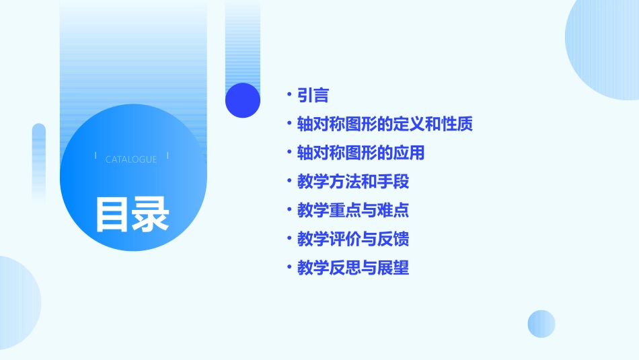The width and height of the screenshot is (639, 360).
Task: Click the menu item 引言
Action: [x=313, y=96]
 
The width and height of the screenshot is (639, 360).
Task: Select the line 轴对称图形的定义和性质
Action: [x=385, y=124]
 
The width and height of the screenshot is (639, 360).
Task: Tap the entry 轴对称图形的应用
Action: [x=361, y=153]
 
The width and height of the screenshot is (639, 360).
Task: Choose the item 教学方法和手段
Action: [x=353, y=182]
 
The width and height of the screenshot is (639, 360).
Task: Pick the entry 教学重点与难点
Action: [x=353, y=211]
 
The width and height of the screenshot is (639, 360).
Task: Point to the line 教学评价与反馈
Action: [x=353, y=239]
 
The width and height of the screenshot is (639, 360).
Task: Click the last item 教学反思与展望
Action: [x=353, y=268]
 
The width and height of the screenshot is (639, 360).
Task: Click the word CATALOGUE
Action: [x=131, y=159]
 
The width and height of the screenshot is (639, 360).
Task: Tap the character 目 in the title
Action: [x=112, y=214]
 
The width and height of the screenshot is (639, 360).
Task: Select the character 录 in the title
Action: [x=151, y=214]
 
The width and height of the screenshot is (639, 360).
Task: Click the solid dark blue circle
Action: [x=243, y=100]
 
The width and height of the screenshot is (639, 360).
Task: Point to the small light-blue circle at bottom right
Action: [x=541, y=324]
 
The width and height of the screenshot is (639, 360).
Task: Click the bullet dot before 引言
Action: [x=289, y=95]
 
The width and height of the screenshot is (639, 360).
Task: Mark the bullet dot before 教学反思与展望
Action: [x=289, y=267]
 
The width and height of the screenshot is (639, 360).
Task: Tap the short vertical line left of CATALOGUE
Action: [x=96, y=155]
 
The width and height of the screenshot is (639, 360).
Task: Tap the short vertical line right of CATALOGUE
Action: [x=167, y=155]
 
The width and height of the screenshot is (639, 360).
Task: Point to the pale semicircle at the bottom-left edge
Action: [x=17, y=303]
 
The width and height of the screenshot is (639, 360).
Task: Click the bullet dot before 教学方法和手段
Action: [x=289, y=181]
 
